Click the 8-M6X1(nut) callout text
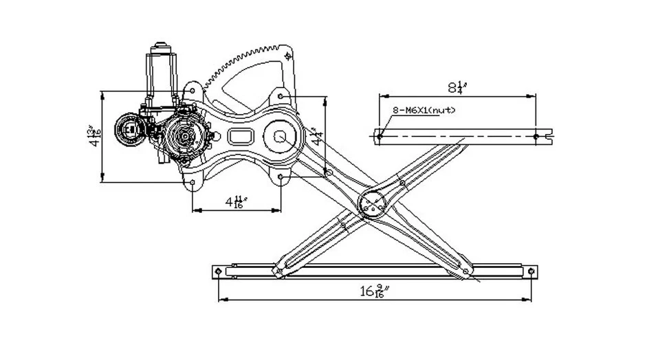[424, 110]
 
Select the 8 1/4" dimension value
[457, 87]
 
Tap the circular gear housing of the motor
[184, 136]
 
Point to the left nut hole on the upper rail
[379, 137]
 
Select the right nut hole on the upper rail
[536, 137]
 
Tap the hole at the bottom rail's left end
[219, 272]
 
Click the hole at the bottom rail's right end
[532, 272]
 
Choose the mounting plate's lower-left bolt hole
[192, 183]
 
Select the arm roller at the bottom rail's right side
[465, 271]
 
